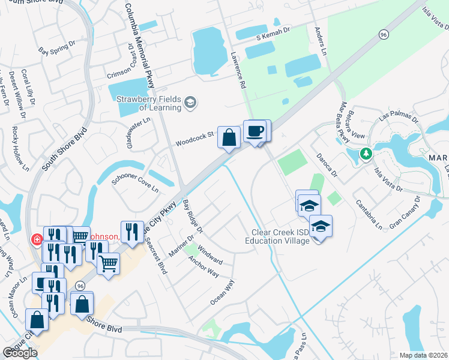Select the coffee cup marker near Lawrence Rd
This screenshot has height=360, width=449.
[255, 131]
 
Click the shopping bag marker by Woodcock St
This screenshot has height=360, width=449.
[229, 137]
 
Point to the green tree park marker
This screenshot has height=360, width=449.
[366, 154]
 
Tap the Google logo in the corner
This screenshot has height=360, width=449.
[20, 353]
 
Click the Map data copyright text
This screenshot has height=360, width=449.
[423, 355]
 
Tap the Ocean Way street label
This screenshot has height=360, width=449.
[221, 292]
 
